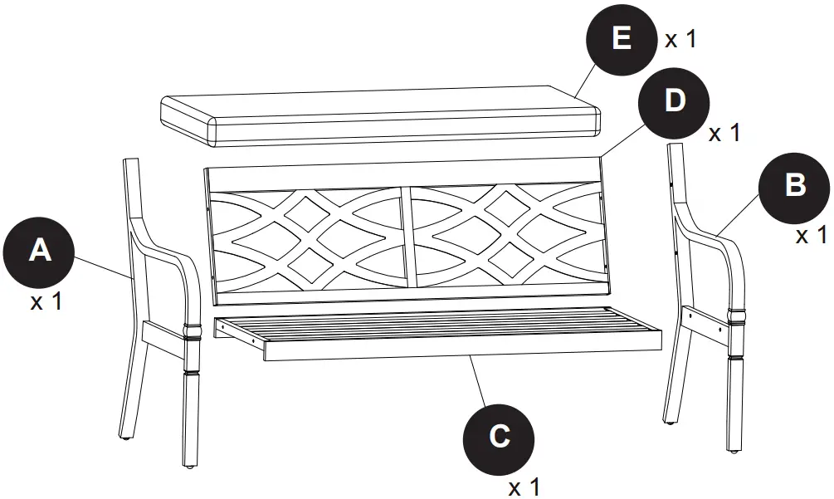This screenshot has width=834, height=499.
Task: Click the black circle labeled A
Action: coord(39,250)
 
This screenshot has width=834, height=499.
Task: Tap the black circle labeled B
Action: coord(794,185)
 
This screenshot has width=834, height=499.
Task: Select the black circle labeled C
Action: coord(499,436)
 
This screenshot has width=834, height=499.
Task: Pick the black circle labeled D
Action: coord(675,101)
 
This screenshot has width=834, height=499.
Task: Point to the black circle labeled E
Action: coord(622,40)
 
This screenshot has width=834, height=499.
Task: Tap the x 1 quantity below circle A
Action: coord(46,301)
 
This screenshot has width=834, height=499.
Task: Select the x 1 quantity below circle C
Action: coord(524,487)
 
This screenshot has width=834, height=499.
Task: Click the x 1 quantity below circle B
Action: coord(812,236)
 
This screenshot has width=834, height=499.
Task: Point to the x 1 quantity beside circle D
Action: coord(724,133)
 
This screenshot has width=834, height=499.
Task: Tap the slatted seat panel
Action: coord(440,331)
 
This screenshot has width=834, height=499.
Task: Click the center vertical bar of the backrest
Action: coord(406,236)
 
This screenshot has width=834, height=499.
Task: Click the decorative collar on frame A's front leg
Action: coord(193,331)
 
